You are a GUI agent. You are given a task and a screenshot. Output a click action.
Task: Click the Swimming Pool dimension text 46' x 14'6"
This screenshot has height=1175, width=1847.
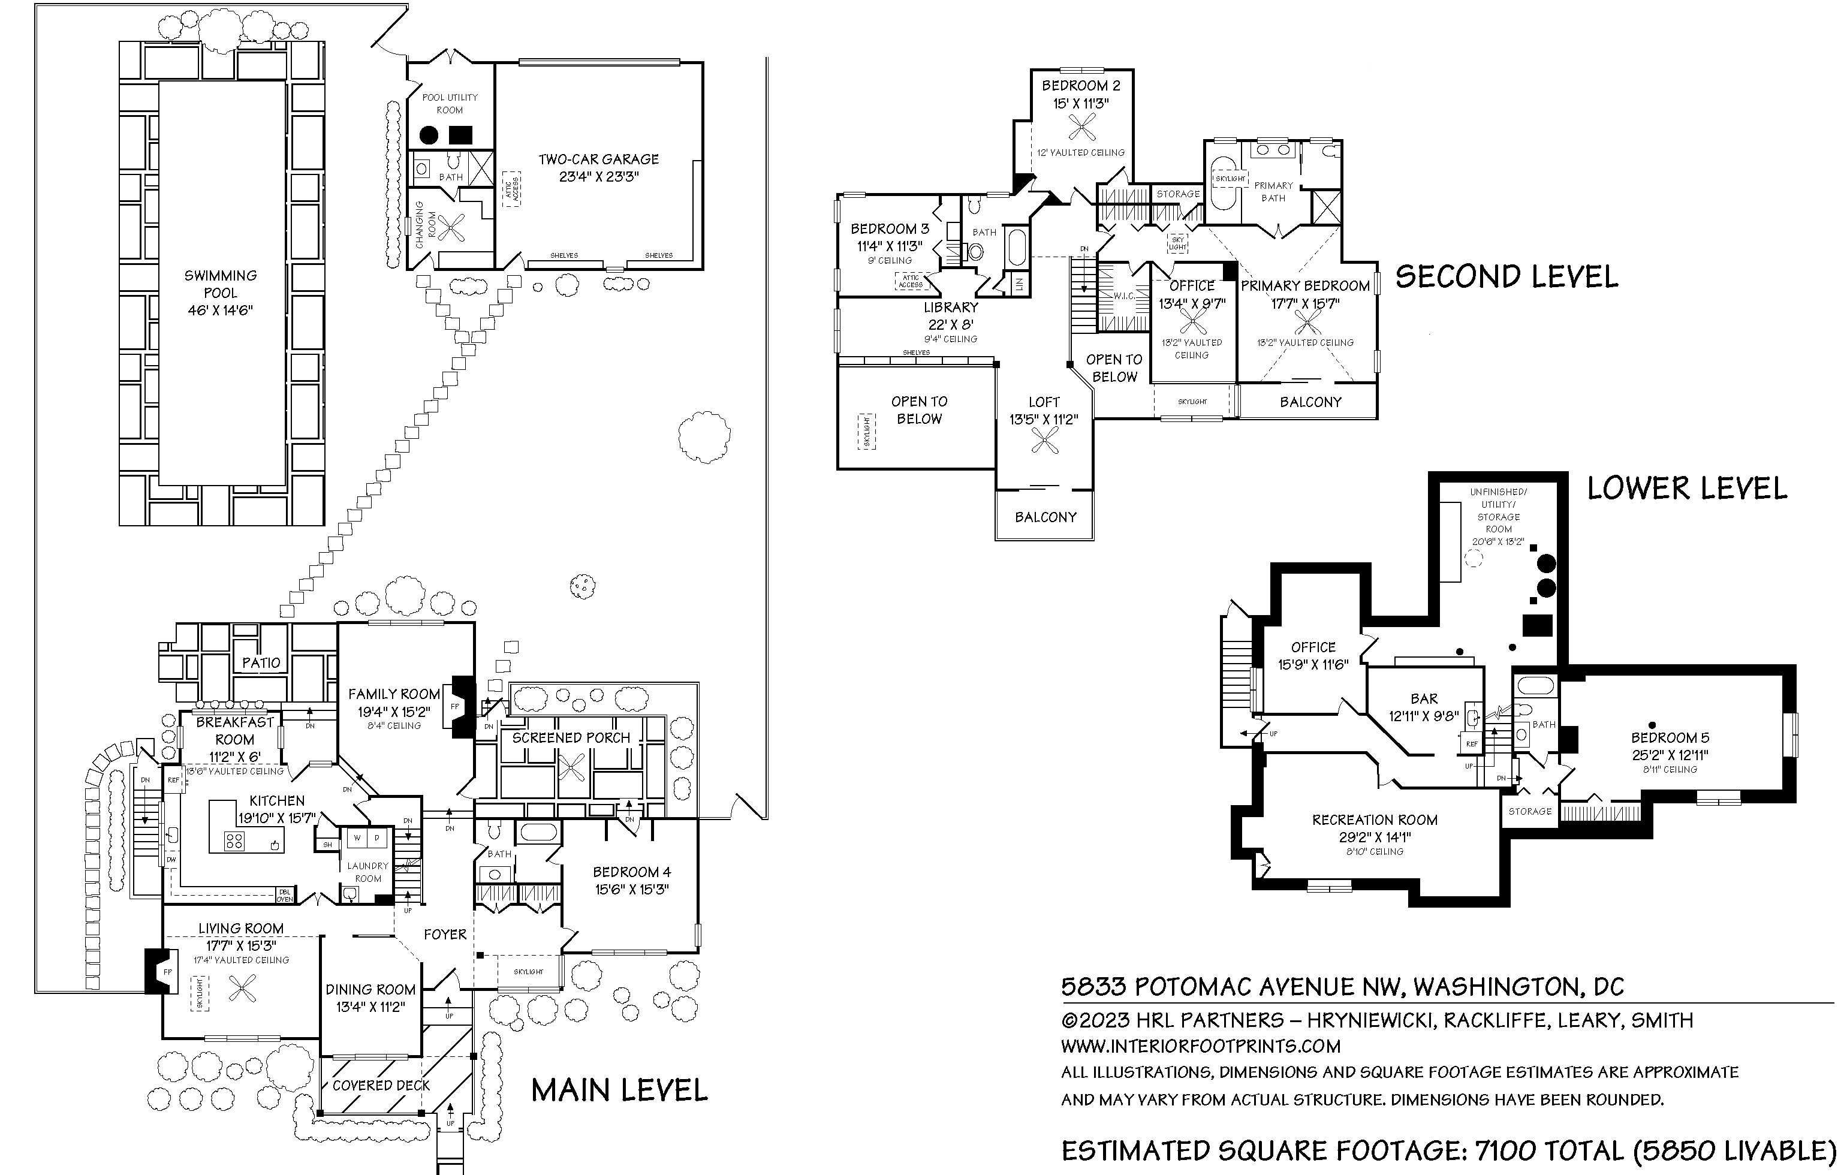(220, 311)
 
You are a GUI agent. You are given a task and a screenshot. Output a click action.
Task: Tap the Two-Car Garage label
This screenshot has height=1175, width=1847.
(598, 159)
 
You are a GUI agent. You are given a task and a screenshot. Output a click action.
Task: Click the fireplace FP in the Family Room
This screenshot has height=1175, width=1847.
(455, 706)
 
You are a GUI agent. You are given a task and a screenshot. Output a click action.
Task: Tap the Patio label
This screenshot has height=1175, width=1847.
(261, 662)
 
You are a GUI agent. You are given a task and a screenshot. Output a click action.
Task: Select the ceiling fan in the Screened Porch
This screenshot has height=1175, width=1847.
(571, 767)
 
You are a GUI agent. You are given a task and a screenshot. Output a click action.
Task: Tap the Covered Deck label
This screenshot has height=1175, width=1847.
(381, 1085)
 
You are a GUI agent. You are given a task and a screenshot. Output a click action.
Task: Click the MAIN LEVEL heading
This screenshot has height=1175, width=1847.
(619, 1090)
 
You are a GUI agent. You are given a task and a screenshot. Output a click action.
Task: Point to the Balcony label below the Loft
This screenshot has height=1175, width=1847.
(1045, 517)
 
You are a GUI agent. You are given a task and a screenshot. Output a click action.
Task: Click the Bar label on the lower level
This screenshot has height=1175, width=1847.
(1424, 699)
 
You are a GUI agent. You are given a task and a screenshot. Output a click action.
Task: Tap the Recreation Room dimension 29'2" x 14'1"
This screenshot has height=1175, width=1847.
(1375, 837)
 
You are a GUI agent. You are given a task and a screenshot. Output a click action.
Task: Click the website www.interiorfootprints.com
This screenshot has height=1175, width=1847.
(1200, 1046)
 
